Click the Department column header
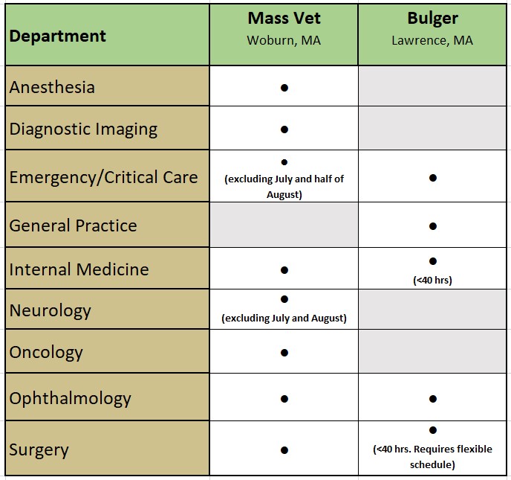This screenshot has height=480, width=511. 57,36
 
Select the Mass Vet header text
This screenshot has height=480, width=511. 284,18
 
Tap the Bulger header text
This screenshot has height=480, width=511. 432,19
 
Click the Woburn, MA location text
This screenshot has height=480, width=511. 284,40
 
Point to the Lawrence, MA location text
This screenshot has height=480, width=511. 432,40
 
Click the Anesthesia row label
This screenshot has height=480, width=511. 52,87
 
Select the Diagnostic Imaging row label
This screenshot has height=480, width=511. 83,129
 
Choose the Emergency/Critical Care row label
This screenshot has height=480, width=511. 104,177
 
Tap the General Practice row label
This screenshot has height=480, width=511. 74,225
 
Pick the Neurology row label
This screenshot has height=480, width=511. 51,310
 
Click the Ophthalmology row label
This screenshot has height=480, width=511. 70,398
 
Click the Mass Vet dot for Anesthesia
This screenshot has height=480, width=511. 284,88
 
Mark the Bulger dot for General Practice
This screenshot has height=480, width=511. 433,226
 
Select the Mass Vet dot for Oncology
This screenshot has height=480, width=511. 284,353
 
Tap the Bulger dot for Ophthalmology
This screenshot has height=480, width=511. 433,399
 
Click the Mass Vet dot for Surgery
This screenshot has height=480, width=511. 284,450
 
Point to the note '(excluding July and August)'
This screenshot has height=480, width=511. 284,318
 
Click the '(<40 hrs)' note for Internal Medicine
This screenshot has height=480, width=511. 432,280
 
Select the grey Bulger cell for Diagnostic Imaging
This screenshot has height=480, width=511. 432,128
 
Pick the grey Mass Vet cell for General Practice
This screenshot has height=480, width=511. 284,225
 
